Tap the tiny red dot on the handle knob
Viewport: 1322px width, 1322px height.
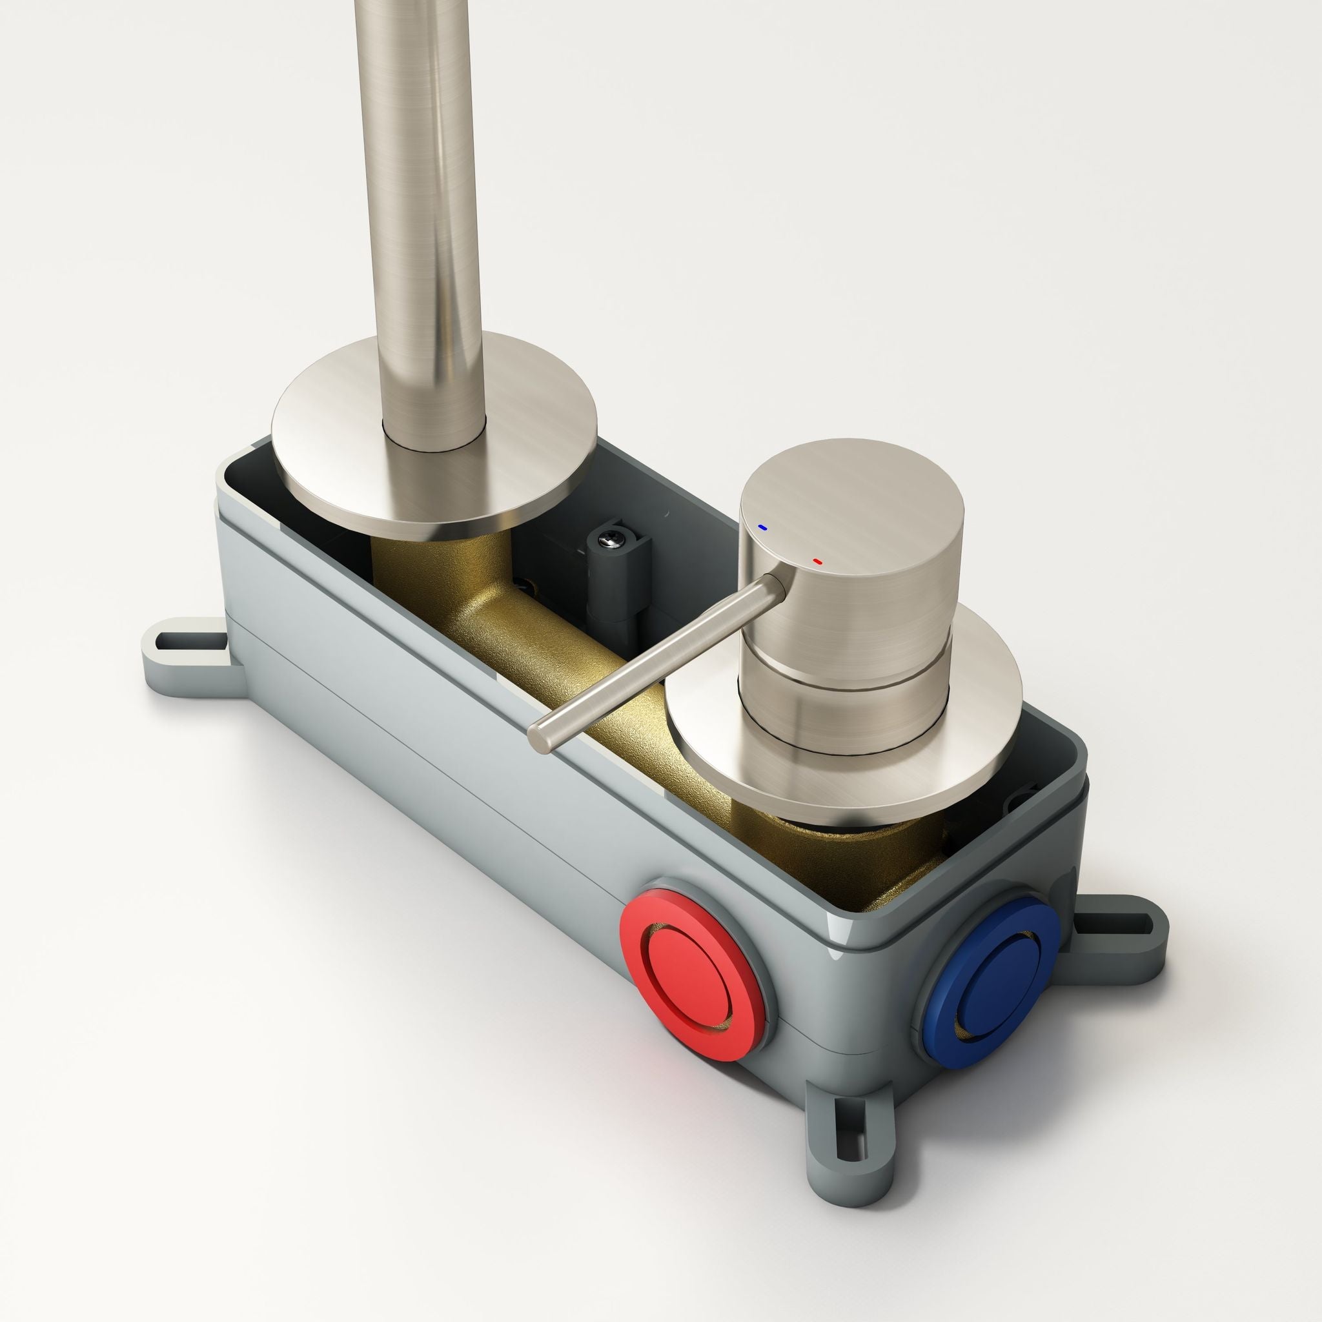pyautogui.click(x=817, y=561)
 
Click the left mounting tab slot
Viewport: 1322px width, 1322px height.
pyautogui.click(x=181, y=643)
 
